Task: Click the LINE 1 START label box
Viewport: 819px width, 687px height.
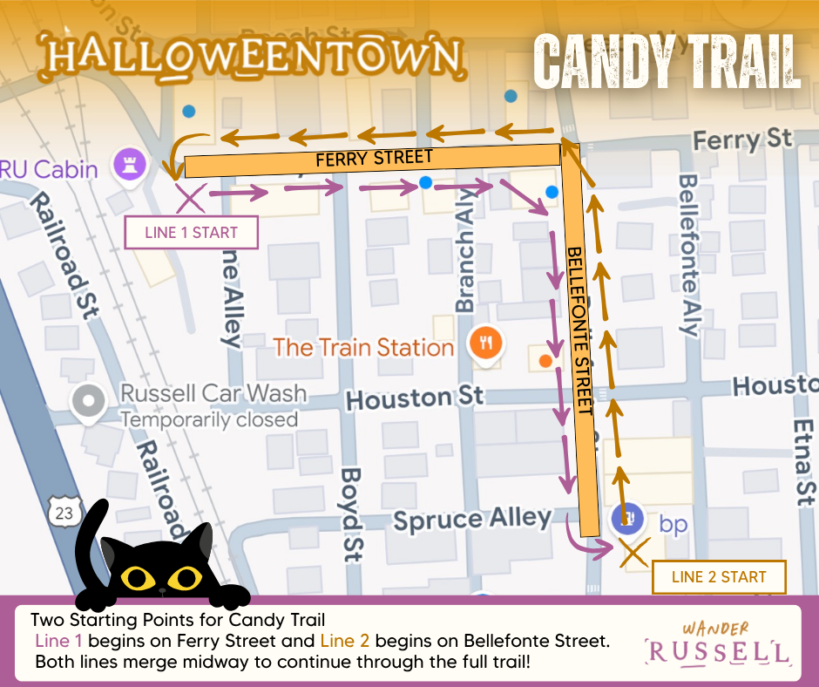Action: pyautogui.click(x=192, y=233)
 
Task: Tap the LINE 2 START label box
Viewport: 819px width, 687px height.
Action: pyautogui.click(x=719, y=576)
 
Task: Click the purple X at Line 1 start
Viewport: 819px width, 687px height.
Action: pyautogui.click(x=191, y=198)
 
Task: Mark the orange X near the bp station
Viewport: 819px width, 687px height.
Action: pyautogui.click(x=634, y=553)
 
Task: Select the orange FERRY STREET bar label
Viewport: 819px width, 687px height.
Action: pyautogui.click(x=373, y=159)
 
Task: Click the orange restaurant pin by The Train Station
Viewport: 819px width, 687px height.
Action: pyautogui.click(x=485, y=342)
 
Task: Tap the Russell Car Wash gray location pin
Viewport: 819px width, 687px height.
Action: pyautogui.click(x=88, y=402)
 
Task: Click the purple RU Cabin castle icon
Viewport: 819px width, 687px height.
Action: pyautogui.click(x=128, y=163)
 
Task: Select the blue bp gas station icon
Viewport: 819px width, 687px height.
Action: pyautogui.click(x=626, y=520)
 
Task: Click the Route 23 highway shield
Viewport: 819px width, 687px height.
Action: pyautogui.click(x=63, y=513)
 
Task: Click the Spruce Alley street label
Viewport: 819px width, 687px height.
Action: pyautogui.click(x=471, y=519)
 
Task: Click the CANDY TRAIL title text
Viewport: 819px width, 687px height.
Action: pyautogui.click(x=667, y=61)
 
